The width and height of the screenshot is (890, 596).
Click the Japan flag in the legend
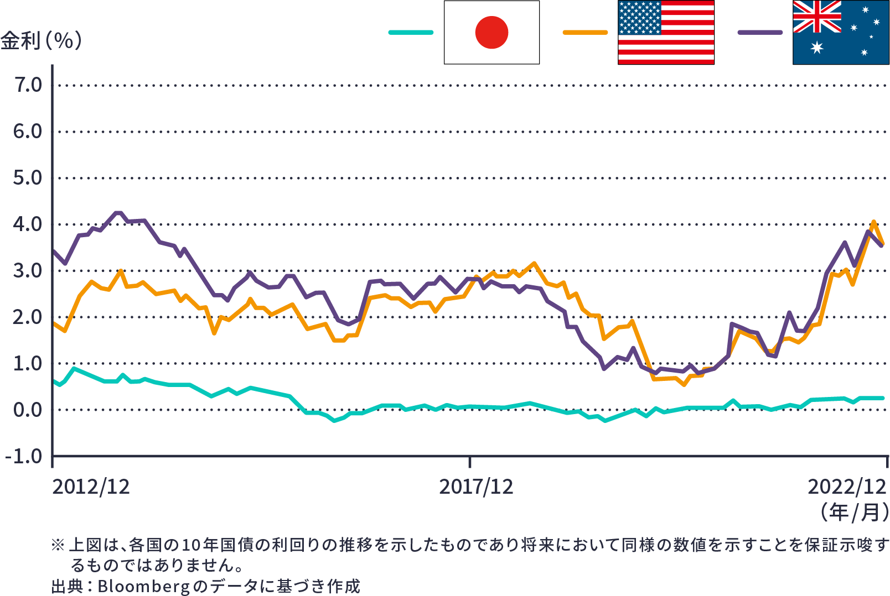click(x=491, y=32)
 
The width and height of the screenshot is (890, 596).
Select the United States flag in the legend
click(x=666, y=32)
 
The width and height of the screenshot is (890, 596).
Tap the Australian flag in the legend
click(x=841, y=32)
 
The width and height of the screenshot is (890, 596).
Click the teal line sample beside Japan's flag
click(x=411, y=32)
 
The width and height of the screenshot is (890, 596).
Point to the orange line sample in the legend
click(x=585, y=32)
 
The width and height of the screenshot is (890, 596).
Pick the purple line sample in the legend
click(x=760, y=32)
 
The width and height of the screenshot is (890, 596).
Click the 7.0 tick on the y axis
click(x=28, y=85)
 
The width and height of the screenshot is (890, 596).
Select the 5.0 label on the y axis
click(x=28, y=178)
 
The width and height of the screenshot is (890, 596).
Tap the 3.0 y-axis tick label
click(x=28, y=271)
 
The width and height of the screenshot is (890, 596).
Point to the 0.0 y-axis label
click(x=28, y=410)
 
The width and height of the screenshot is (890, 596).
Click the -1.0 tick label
click(x=24, y=457)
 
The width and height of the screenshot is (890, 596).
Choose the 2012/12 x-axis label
click(x=91, y=487)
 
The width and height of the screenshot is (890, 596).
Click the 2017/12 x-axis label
click(x=476, y=487)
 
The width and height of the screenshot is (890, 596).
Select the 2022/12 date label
click(x=847, y=487)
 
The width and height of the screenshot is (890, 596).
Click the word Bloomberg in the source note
click(x=144, y=586)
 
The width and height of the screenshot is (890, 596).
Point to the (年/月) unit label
click(x=855, y=513)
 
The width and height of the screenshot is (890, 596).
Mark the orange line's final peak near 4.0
click(x=874, y=222)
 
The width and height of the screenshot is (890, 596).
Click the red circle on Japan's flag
click(x=491, y=32)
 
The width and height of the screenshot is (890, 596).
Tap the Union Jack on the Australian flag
click(x=817, y=17)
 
